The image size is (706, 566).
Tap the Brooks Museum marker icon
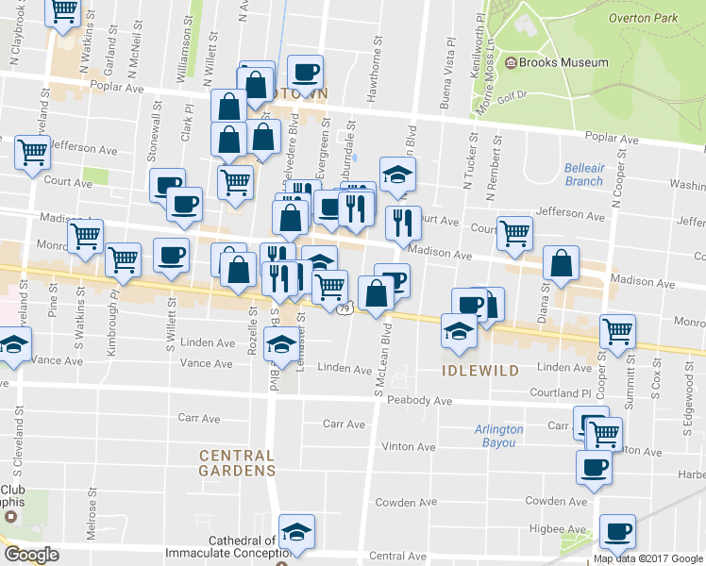click(512, 63)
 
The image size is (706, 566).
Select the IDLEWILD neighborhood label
click(480, 371)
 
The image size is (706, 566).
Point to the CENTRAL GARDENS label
click(237, 461)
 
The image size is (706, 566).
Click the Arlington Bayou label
click(498, 436)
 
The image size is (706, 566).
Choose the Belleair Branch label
click(583, 175)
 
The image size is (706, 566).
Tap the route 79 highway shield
click(346, 308)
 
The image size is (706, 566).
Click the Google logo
click(31, 554)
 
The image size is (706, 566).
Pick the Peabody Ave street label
click(424, 401)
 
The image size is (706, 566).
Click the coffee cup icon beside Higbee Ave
click(617, 533)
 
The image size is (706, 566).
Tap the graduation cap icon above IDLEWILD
click(459, 329)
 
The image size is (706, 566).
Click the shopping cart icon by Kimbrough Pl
click(123, 260)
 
